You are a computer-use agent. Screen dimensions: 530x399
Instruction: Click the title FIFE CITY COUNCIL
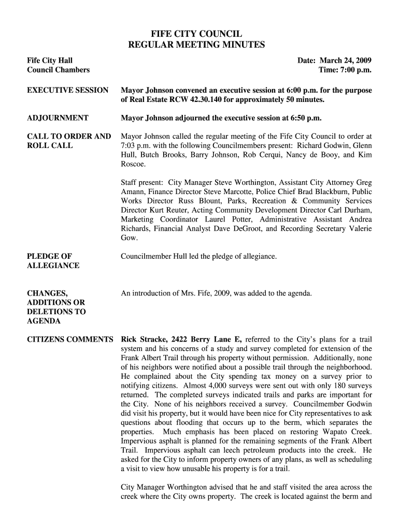pos(196,35)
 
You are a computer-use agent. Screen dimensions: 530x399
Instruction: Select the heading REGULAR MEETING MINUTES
pos(196,45)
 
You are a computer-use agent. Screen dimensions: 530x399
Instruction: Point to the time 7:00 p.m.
pos(354,70)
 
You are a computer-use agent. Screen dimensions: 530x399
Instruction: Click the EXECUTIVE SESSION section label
pos(67,90)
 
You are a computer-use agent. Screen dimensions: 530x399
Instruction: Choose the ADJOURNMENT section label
pos(58,118)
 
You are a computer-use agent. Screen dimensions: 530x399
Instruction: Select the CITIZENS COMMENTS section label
pos(70,340)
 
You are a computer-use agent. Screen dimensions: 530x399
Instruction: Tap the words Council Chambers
pos(58,70)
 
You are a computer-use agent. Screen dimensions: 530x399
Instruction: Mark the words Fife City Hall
pos(50,60)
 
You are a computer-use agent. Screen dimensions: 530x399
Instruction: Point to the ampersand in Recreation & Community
pos(292,201)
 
